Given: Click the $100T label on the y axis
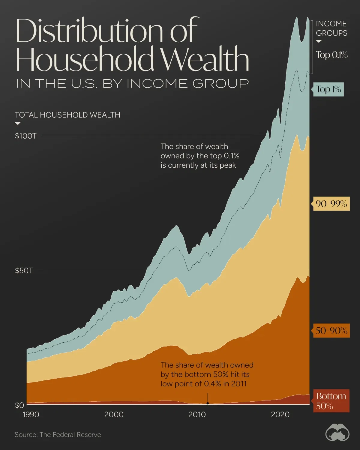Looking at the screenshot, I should coord(25,136).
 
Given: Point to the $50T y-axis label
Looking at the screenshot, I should coord(24,271).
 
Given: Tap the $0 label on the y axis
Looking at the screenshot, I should coord(19,405).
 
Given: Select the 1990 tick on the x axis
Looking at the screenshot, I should coord(31,415).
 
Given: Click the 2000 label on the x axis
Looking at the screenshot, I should coord(114,415).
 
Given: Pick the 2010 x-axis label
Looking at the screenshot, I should coord(197,415).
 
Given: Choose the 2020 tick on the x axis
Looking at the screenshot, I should coord(280,415).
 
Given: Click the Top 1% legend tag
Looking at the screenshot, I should coord(328,89).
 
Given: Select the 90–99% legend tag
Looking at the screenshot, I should coord(331,204).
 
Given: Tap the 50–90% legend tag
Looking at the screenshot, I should coord(331,331).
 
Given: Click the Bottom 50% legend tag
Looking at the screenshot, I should coord(331,401).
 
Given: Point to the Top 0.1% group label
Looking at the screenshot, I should coord(331,55).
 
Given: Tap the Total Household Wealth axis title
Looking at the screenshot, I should coord(67,115).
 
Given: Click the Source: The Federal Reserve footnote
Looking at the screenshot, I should coord(58,435).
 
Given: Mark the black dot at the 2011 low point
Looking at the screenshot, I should coord(208,403).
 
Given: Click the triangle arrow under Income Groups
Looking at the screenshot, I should coord(319,41).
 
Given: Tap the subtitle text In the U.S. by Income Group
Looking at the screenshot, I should coord(132,83).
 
